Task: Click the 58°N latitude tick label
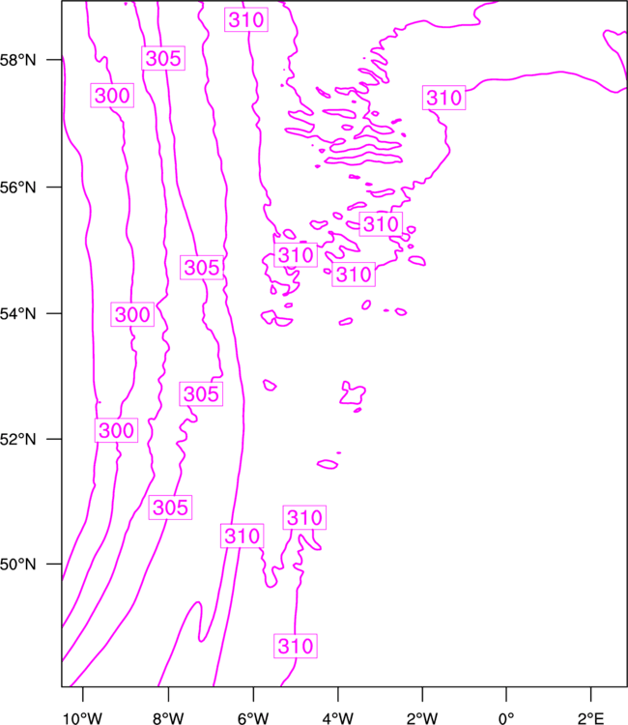17,60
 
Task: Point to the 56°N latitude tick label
17,188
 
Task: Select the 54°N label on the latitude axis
17,314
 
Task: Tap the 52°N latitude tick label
17,439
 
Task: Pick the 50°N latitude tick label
17,565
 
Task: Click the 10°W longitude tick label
82,718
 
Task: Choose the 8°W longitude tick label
168,718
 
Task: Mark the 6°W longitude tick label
253,718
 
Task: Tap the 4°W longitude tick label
338,718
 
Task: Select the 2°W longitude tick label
422,718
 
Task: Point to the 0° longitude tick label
506,718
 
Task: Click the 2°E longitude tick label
591,718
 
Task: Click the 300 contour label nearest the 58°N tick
112,96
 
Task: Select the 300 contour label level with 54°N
132,314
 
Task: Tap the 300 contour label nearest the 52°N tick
117,430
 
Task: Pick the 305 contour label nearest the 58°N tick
163,58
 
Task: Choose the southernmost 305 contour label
170,507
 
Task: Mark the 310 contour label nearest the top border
246,19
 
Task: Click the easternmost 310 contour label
444,98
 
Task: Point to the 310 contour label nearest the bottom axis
296,646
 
